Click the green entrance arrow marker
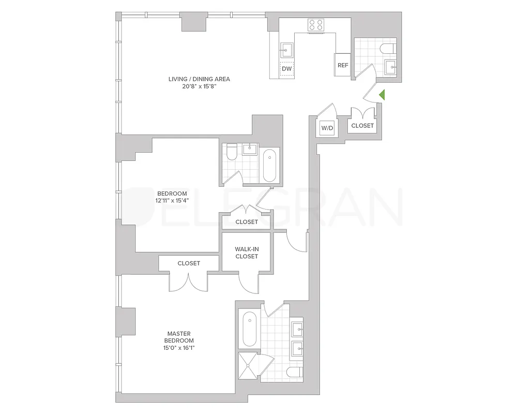click(382, 95)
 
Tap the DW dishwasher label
click(286, 68)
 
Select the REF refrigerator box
click(342, 65)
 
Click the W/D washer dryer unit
click(327, 127)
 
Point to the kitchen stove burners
click(315, 24)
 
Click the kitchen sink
click(286, 50)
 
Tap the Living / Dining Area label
click(199, 79)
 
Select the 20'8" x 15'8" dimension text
click(199, 87)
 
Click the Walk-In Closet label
click(247, 252)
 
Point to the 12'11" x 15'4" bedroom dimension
click(172, 200)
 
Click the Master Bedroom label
click(180, 337)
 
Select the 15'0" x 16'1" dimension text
click(180, 348)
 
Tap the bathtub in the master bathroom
click(249, 329)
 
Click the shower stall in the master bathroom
click(249, 366)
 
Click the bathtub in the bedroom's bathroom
click(270, 165)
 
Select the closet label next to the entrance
click(362, 126)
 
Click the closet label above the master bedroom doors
click(189, 263)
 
